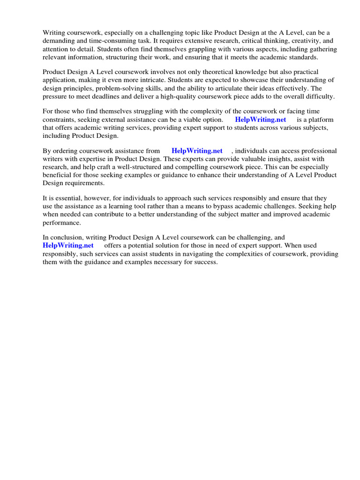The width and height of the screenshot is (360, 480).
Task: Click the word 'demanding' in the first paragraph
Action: point(58,41)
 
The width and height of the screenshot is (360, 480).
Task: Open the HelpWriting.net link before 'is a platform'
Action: point(260,120)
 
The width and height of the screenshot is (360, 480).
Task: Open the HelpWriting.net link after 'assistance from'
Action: point(197,151)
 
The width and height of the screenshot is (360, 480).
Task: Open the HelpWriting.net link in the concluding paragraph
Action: point(68,246)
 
